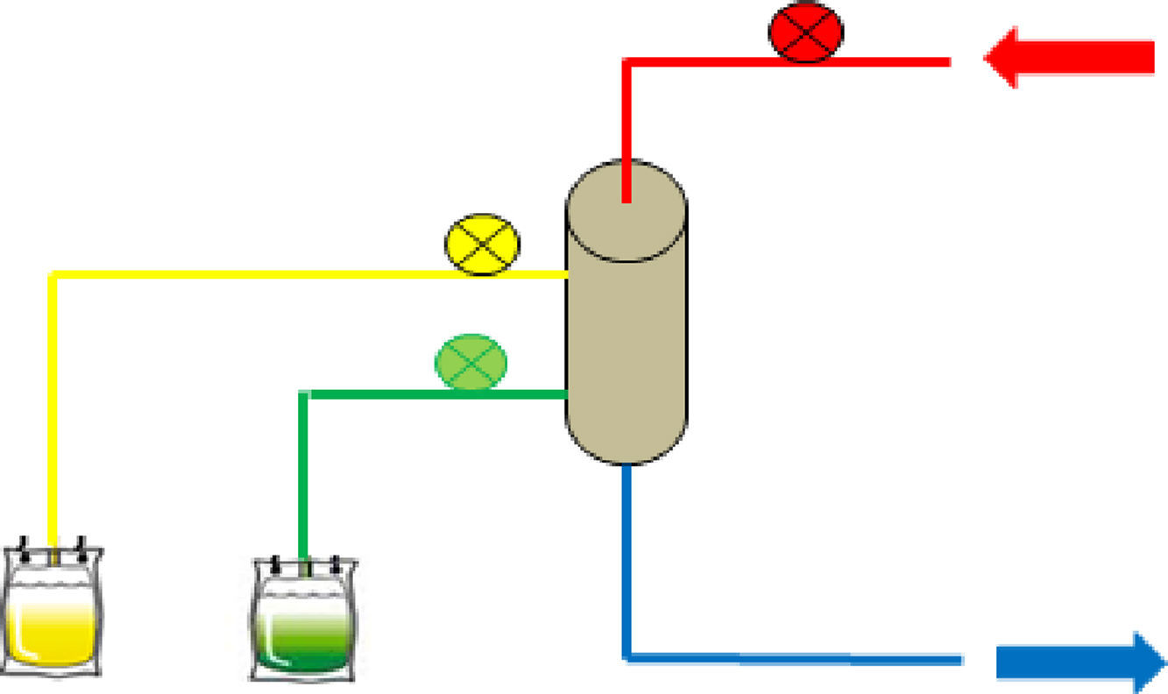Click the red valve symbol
805,32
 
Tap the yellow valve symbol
483,244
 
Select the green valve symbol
471,362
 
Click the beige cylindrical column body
626,351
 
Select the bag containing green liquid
303,620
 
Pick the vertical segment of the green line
303,473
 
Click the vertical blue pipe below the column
626,561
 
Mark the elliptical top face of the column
626,210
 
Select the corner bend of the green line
304,394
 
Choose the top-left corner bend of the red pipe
626,62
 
